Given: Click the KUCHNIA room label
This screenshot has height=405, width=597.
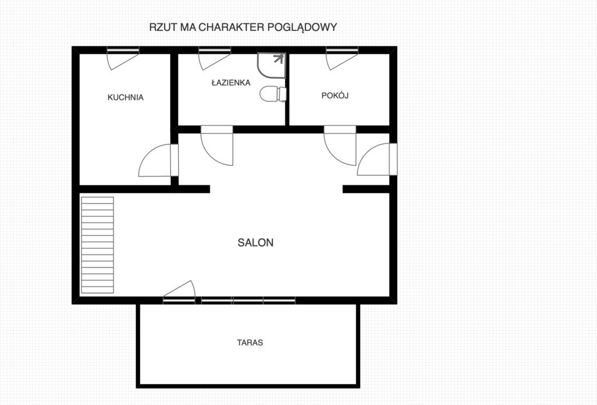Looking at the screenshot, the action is coord(125,97).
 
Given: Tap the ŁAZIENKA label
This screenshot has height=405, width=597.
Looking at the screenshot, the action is coord(231,82).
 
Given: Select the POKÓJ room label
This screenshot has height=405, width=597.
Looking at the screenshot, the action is coord(335,95).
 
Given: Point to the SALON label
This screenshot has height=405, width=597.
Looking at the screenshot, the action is coord(255,242).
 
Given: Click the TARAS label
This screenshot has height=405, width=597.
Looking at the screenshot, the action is coord(250,343).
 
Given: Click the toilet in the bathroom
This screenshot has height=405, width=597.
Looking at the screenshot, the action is coord(273,94).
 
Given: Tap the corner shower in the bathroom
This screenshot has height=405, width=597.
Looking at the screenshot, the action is coord(272,65).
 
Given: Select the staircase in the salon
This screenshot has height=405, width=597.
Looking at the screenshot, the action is coord(97,245).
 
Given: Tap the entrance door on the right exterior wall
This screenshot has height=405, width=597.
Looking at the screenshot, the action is coord(377,159).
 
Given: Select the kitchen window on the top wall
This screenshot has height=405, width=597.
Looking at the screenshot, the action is coord(122,50).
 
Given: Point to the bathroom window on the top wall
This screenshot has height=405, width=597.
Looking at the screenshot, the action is coord(215,50).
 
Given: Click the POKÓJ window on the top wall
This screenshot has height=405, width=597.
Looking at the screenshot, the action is coord(342,50).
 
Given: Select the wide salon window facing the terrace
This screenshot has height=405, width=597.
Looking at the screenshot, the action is coord(248,301).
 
